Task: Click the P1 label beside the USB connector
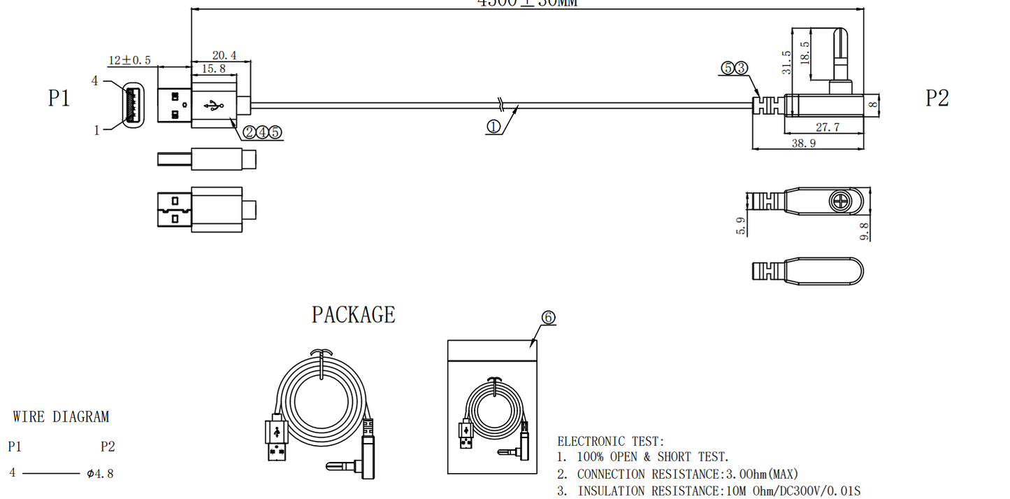coord(59,98)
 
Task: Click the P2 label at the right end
coord(937,98)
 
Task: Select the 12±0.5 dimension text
coord(129,60)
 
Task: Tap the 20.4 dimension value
coord(224,55)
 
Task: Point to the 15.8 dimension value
coord(213,69)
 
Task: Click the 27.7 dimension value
coord(826,127)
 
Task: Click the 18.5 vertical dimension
coord(805,53)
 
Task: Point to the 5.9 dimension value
coord(742,225)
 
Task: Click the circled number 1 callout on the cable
coord(493,127)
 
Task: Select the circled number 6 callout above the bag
coord(548,318)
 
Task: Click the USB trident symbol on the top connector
coord(213,106)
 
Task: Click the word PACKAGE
coord(353,315)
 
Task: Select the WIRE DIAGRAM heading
coord(61,417)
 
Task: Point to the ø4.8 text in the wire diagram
coord(100,474)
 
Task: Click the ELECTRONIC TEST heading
coord(610,442)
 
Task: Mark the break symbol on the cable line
coord(500,105)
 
